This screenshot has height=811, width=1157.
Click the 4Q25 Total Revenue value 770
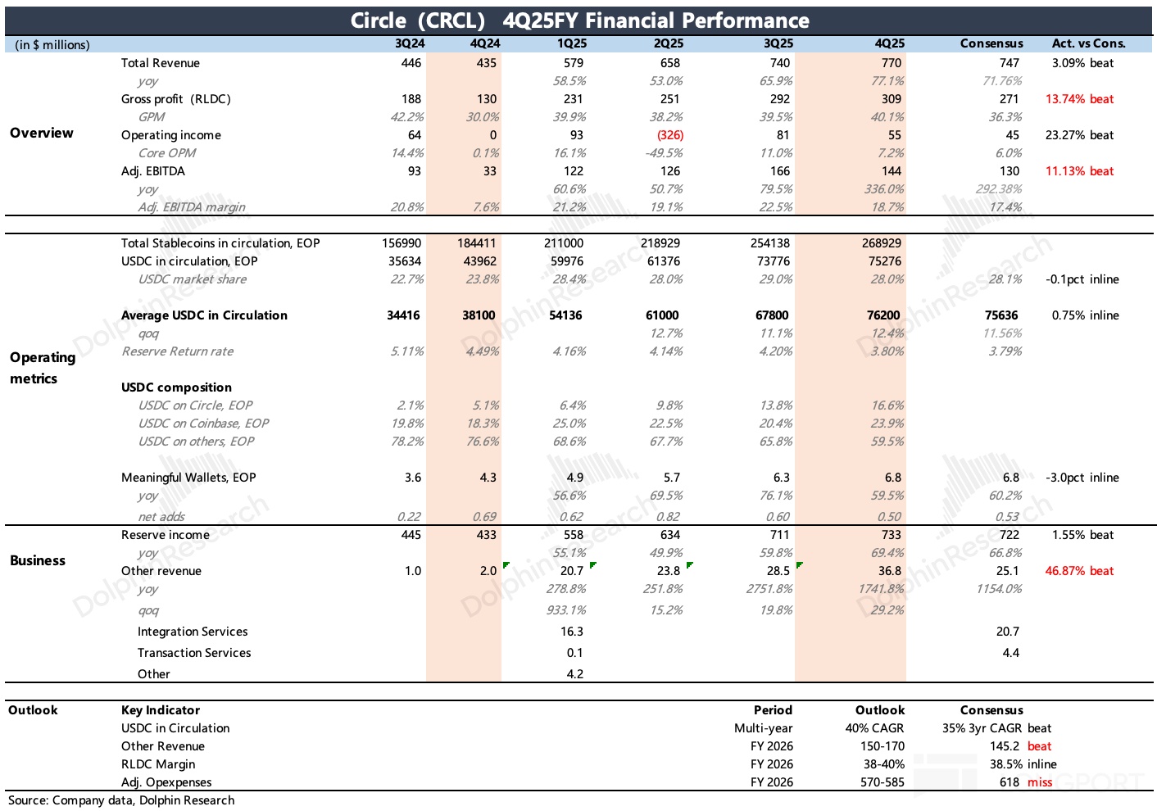coord(891,63)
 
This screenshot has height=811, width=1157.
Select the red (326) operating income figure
coord(669,135)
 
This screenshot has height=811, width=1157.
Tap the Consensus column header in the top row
coord(991,43)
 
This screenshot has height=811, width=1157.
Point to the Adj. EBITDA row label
coord(153,171)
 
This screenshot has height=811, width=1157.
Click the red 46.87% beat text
coord(1079,571)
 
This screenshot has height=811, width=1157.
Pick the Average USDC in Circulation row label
coord(204,315)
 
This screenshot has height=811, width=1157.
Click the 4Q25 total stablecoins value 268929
coord(882,243)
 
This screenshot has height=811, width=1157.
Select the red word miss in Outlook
coord(1040,782)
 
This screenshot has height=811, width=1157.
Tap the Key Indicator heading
coord(161,710)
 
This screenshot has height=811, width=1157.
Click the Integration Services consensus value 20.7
coord(1007,632)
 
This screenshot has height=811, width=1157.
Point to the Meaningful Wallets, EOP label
coord(188,478)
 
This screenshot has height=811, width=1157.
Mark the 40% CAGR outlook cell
coord(874,728)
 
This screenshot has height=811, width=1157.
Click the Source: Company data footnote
coord(121,800)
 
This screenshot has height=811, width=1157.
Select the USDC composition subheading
coord(176,387)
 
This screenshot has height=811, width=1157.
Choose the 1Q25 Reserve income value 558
coord(574,535)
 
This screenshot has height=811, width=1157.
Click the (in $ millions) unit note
coord(52,44)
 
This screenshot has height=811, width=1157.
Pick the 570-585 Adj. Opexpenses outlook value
coord(882,782)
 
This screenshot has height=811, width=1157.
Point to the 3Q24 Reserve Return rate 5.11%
coord(406,351)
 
